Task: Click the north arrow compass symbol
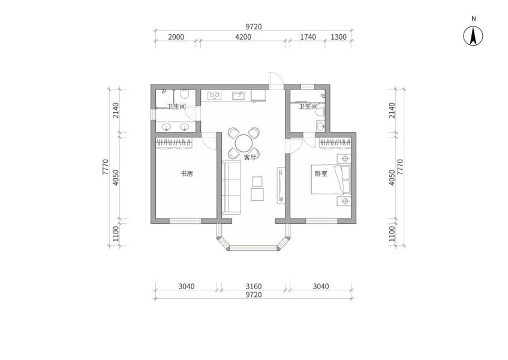[473, 37]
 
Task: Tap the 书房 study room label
[187, 174]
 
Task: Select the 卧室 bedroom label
[321, 174]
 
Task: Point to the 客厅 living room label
[250, 158]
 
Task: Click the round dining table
[244, 143]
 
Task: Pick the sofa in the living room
[232, 187]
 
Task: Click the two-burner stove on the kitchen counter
[215, 95]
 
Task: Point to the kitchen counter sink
[238, 95]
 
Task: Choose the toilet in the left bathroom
[185, 94]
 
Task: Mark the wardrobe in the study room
[174, 142]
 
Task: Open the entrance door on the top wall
[275, 80]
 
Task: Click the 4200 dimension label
[243, 37]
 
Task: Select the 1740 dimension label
[308, 37]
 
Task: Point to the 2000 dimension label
[176, 37]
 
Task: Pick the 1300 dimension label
[339, 37]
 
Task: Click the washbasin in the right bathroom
[321, 125]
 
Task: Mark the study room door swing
[209, 140]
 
